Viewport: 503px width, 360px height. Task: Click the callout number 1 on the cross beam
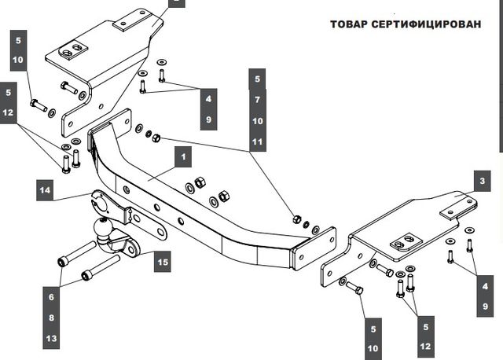[x=183, y=158]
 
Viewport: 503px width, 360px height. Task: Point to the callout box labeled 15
[x=160, y=263]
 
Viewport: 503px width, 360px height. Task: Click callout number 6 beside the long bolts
[x=53, y=298]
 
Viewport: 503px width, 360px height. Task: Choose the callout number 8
[x=53, y=318]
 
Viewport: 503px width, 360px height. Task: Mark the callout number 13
[x=53, y=339]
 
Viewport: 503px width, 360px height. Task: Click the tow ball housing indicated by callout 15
[x=123, y=244]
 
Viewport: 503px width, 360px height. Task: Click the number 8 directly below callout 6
[x=53, y=318]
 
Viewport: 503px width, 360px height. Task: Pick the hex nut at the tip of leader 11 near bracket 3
[x=296, y=219]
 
